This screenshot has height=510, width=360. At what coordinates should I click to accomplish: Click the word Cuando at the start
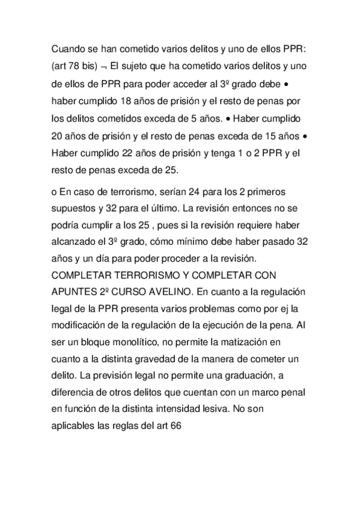coord(69,48)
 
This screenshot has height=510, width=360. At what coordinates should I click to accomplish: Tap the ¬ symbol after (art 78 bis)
coord(103,64)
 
